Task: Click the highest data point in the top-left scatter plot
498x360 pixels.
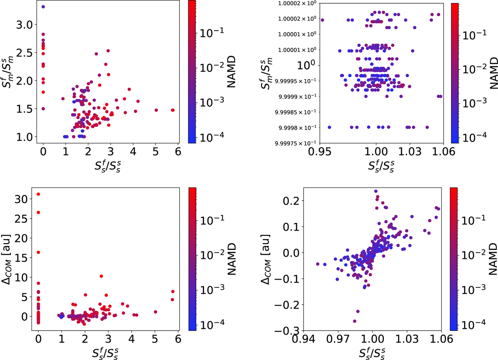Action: point(43,7)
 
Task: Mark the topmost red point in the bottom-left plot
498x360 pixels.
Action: point(38,194)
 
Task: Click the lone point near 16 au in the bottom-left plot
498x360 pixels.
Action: point(38,252)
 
